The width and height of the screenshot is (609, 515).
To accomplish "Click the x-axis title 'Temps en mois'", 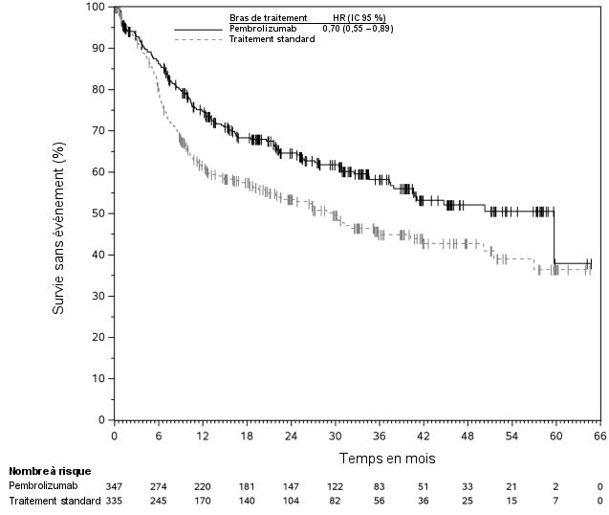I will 387,459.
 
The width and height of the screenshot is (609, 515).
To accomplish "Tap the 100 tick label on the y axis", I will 96,7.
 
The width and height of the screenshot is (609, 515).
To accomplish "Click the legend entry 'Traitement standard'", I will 272,39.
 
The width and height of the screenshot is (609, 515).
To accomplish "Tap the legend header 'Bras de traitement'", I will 269,18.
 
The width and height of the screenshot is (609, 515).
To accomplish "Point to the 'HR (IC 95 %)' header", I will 359,18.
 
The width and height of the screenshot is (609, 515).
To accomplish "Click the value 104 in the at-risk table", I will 291,501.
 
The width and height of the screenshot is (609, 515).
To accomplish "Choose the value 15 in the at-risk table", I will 511,501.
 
